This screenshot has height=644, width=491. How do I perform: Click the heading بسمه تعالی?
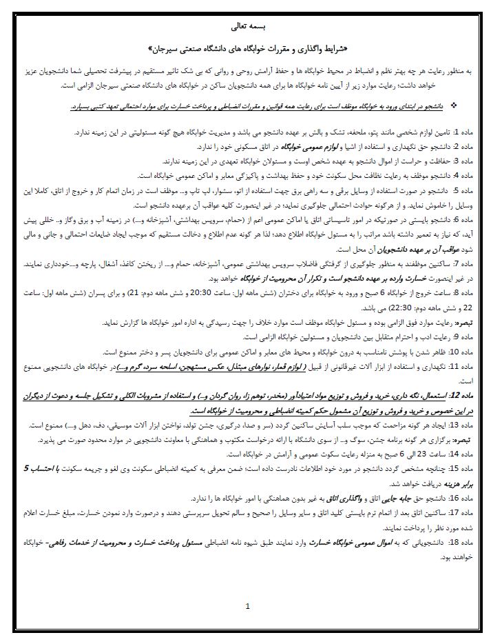(x=245, y=28)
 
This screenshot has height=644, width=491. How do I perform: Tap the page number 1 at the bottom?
(x=247, y=607)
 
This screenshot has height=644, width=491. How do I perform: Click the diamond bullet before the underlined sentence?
(x=452, y=105)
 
